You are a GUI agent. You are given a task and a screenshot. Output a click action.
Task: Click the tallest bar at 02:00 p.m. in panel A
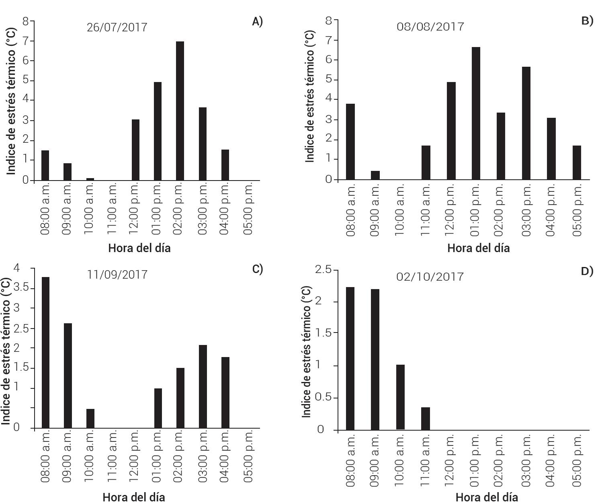click(180, 111)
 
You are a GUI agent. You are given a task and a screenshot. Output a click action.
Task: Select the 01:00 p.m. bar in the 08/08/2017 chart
click(476, 113)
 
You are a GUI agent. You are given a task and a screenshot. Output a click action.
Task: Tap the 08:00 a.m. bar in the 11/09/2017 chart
click(45, 352)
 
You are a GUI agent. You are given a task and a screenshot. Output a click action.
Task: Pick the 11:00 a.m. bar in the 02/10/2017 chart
click(426, 419)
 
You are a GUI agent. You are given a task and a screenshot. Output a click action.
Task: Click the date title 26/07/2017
click(117, 27)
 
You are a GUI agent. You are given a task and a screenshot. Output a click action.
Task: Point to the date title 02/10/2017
click(430, 277)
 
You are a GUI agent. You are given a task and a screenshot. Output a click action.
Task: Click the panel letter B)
click(587, 21)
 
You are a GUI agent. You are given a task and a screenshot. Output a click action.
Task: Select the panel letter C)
click(258, 269)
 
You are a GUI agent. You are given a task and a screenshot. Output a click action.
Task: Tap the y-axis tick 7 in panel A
click(26, 41)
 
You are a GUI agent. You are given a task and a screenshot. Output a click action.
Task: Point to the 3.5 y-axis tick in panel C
click(21, 287)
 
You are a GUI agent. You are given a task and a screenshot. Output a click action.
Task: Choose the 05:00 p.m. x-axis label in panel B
click(577, 210)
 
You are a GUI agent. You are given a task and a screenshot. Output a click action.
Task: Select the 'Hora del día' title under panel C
click(133, 497)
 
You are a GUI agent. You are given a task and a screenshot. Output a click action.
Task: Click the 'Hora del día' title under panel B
click(478, 248)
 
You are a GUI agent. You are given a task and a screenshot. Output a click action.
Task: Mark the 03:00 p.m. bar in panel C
click(203, 386)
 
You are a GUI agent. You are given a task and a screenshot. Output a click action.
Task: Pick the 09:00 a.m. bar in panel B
click(375, 175)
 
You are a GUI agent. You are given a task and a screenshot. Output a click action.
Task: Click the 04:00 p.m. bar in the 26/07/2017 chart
click(225, 165)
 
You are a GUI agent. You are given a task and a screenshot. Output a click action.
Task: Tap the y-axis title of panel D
click(306, 352)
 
